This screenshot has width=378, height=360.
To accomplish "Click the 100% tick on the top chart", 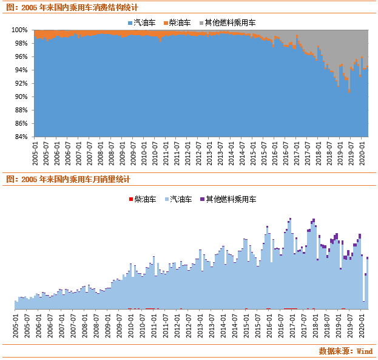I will click(21, 30).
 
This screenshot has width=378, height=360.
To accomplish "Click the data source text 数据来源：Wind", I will click(345, 351).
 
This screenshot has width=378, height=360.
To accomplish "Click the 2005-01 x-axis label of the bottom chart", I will click(16, 325).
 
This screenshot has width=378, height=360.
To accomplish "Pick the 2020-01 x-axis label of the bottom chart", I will click(362, 325).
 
